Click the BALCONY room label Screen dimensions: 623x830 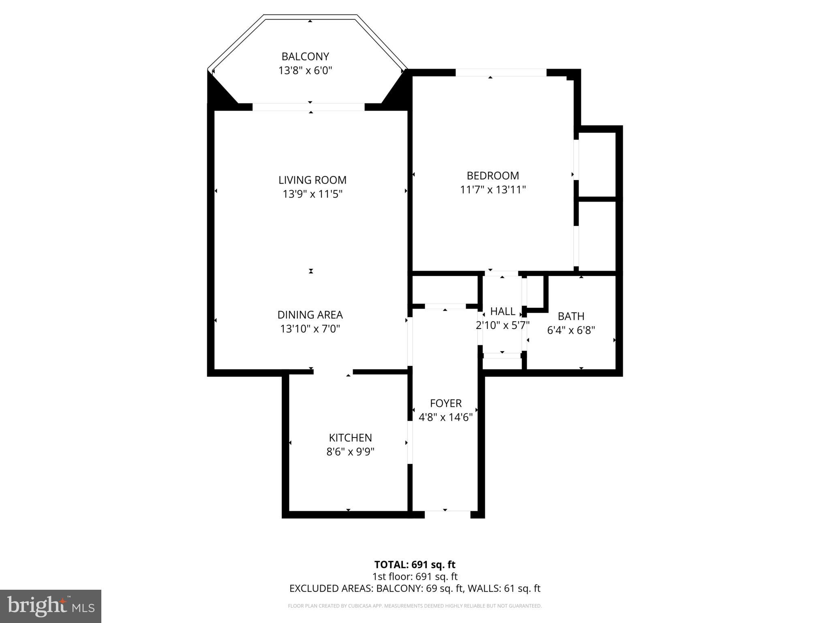305,56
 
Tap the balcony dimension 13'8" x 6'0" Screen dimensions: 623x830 305,71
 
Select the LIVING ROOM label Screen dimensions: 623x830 312,180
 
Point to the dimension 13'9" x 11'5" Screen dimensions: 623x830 312,194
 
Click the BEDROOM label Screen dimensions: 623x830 493,176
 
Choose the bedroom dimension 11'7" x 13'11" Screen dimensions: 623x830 493,190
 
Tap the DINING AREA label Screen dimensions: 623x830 310,315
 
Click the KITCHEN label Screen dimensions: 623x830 350,438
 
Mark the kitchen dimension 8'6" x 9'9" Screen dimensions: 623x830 350,452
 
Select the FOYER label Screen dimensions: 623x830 446,403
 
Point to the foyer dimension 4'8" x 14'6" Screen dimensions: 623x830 446,417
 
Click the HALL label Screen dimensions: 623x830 503,311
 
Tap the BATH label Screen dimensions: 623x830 571,316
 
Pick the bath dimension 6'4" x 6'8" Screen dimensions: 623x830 571,330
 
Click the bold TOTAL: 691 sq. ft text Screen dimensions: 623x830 415,565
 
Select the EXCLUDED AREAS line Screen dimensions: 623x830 415,589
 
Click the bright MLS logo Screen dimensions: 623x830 51,606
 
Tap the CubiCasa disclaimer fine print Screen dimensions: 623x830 415,606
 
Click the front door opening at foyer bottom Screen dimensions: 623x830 447,514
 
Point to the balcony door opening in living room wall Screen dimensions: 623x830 308,107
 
